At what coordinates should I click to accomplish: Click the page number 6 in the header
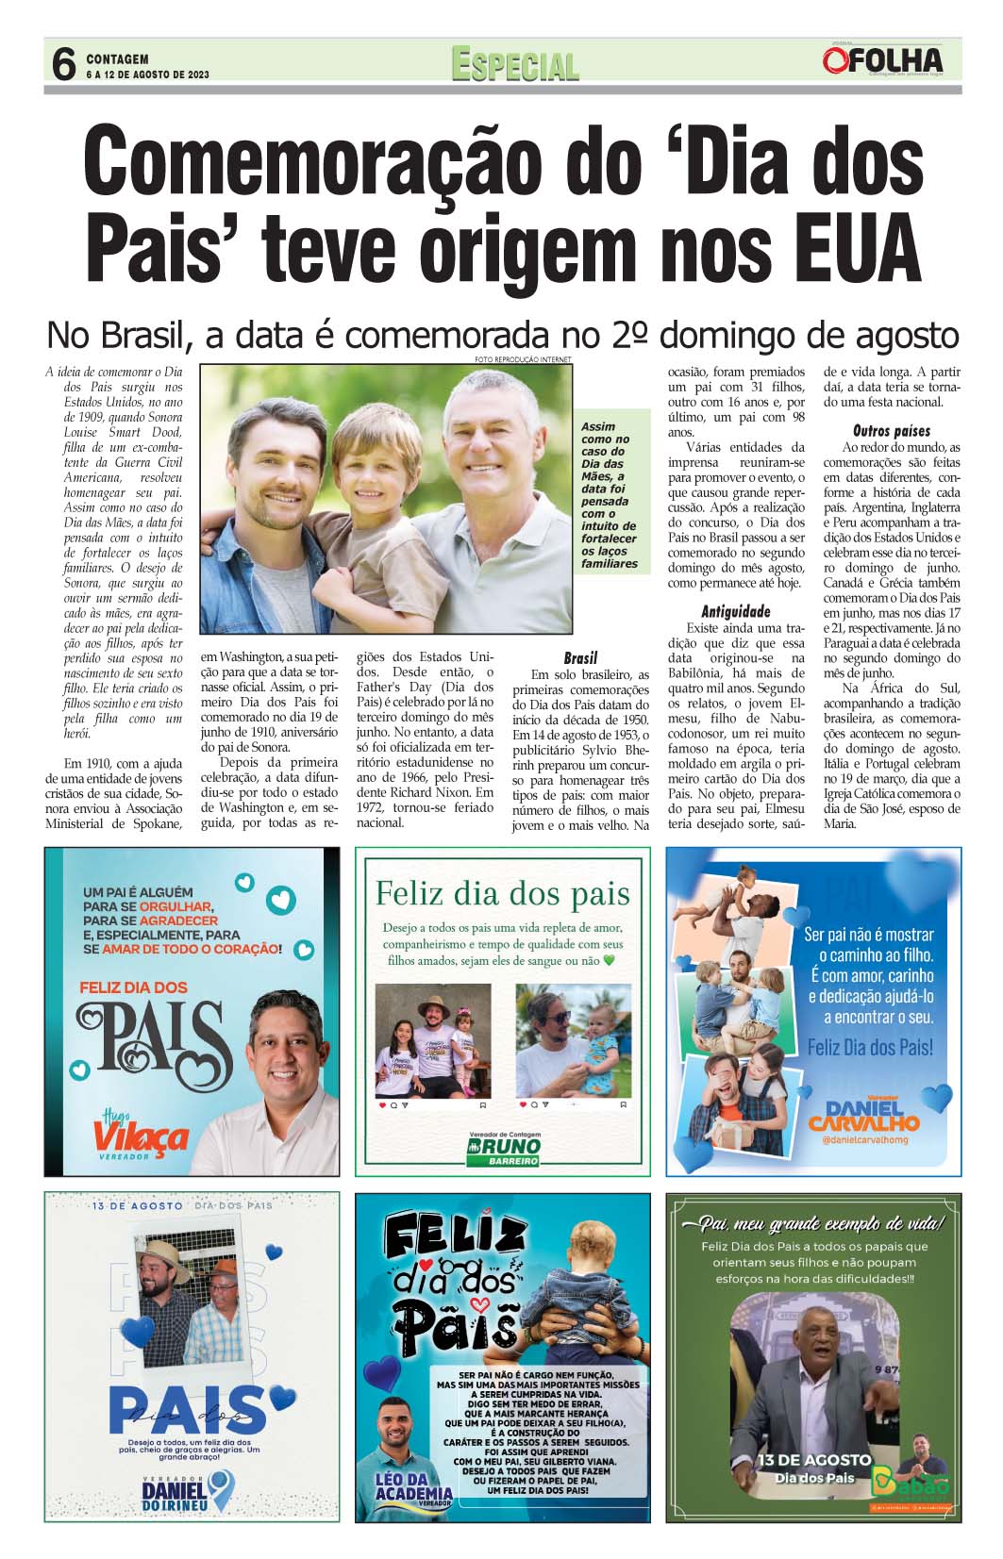[62, 64]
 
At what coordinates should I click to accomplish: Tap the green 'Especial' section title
[514, 64]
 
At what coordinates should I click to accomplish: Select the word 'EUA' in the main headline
[852, 244]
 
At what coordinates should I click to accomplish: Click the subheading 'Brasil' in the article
[580, 657]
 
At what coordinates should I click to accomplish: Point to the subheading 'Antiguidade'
[735, 611]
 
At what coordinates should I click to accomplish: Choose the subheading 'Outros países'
[891, 431]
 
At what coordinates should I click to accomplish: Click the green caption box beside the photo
[609, 495]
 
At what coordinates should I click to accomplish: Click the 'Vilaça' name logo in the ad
[141, 1136]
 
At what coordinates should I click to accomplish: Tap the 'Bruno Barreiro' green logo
[504, 1149]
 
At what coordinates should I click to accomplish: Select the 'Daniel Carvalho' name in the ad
[863, 1116]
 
